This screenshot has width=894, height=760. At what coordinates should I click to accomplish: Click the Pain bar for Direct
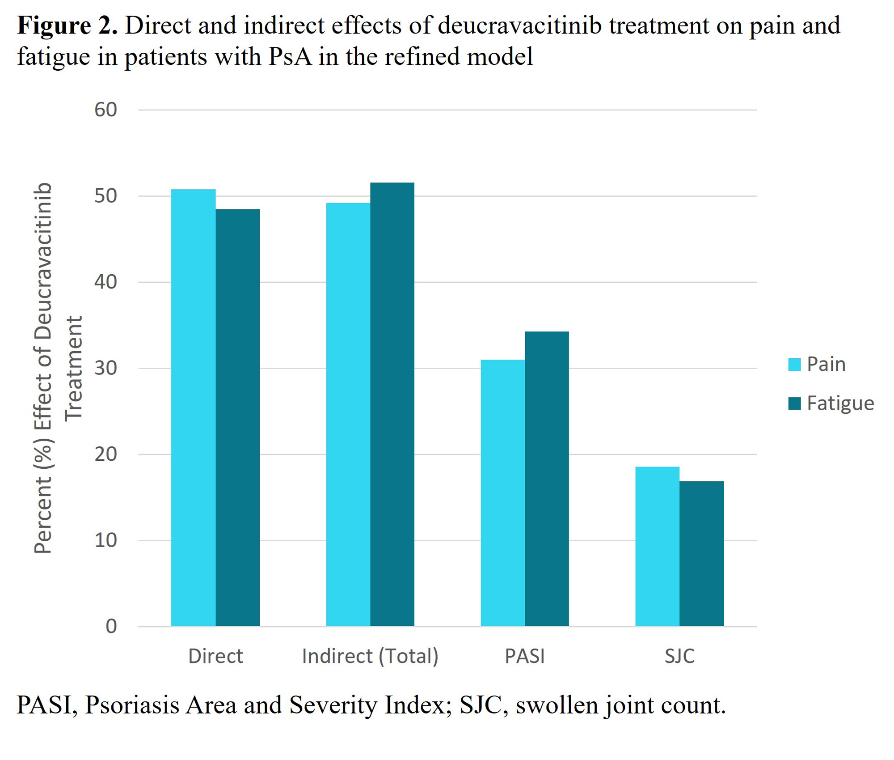[193, 407]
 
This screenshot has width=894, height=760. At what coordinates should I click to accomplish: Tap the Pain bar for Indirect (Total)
[348, 414]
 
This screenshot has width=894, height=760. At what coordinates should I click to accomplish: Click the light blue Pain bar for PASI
[502, 493]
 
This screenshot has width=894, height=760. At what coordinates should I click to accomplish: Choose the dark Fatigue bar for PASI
[547, 479]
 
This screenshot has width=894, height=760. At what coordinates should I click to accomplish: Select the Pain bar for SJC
[657, 546]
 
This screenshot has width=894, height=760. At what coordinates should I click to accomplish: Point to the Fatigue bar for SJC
[701, 553]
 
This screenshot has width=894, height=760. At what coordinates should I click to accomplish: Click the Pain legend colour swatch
[794, 365]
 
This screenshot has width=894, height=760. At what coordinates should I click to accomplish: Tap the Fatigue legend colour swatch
[794, 403]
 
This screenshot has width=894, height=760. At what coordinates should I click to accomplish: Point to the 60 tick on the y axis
[105, 110]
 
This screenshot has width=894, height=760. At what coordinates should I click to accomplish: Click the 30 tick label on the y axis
[105, 368]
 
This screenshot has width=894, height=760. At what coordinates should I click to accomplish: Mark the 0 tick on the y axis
[111, 626]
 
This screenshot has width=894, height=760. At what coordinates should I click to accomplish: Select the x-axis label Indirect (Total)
[370, 656]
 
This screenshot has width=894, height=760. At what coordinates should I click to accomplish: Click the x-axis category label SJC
[679, 656]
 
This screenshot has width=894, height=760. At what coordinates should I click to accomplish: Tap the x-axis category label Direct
[215, 656]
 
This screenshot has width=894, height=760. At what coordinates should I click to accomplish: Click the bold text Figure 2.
[67, 25]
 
